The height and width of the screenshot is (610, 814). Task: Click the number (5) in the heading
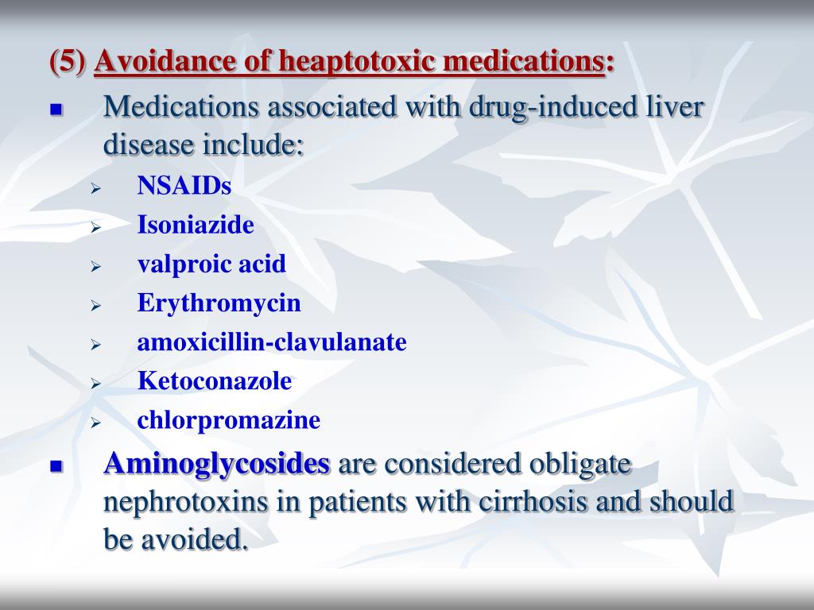69,61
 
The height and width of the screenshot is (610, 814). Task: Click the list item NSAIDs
184,186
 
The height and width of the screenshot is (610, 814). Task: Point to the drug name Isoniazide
196,225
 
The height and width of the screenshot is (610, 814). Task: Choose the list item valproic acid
211,264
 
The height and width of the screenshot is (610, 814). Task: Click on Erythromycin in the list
219,303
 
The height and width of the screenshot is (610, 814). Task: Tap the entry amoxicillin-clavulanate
272,342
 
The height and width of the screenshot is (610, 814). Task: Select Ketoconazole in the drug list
215,380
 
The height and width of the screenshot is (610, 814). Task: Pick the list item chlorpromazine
229,419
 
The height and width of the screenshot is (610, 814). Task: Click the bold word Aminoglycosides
216,463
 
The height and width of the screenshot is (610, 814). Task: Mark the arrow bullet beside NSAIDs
95,188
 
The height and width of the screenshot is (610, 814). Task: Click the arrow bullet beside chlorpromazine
95,422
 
